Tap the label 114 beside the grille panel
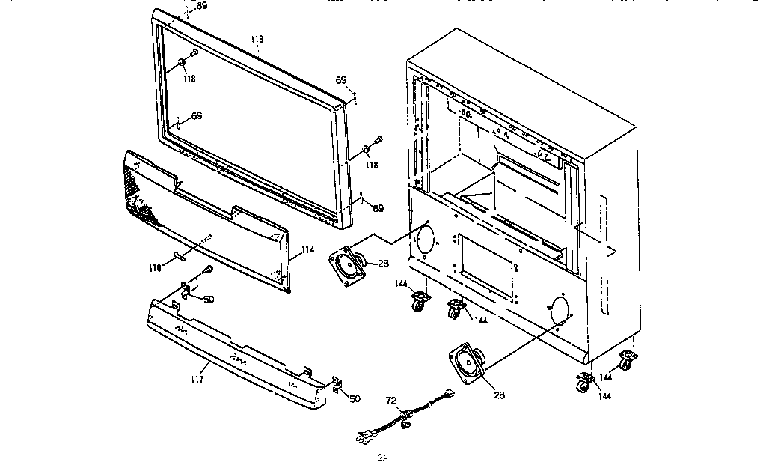pos(307,250)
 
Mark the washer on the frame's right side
pos(366,148)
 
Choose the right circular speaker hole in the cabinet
pos(557,310)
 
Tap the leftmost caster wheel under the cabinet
pos(420,303)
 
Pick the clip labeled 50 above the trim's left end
pos(187,288)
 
